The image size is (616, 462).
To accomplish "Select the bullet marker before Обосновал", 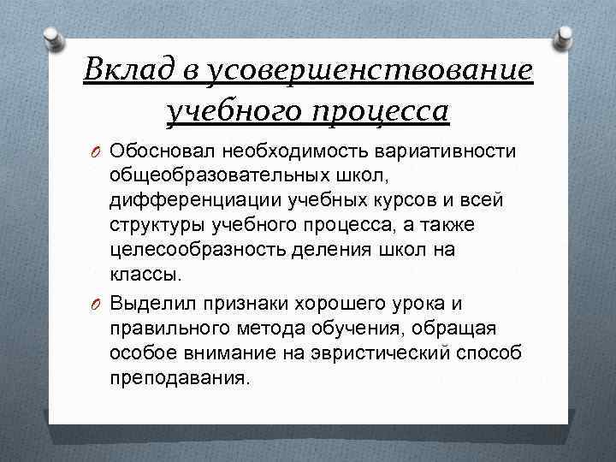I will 95,152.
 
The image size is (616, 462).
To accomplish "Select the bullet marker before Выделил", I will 95,303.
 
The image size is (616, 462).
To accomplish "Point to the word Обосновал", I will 151,151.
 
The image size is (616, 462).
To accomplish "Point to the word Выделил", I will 145,302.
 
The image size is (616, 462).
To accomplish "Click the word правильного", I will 161,327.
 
